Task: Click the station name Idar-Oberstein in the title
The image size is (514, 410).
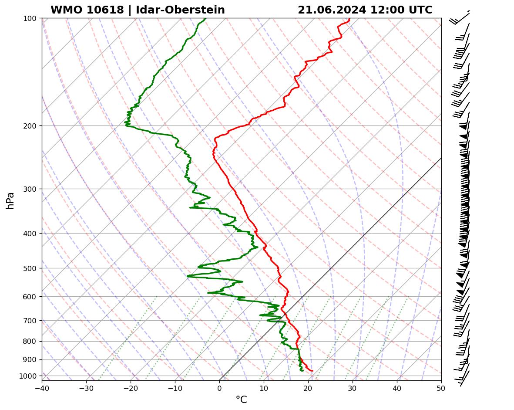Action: (x=180, y=10)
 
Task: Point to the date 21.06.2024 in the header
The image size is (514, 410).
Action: (x=332, y=10)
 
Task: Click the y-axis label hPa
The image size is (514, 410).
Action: (x=10, y=200)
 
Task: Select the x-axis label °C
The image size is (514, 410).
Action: (x=241, y=400)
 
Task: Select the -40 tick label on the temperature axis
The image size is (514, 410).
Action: (x=42, y=388)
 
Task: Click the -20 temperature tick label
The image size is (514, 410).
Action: (x=131, y=388)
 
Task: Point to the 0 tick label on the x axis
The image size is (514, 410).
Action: (x=219, y=388)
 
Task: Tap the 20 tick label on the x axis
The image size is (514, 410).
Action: (x=308, y=388)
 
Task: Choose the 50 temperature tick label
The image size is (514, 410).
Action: (x=441, y=388)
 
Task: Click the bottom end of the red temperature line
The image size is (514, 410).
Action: (x=312, y=371)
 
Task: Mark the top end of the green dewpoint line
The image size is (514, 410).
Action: (x=205, y=18)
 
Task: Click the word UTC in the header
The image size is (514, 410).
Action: (x=421, y=10)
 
